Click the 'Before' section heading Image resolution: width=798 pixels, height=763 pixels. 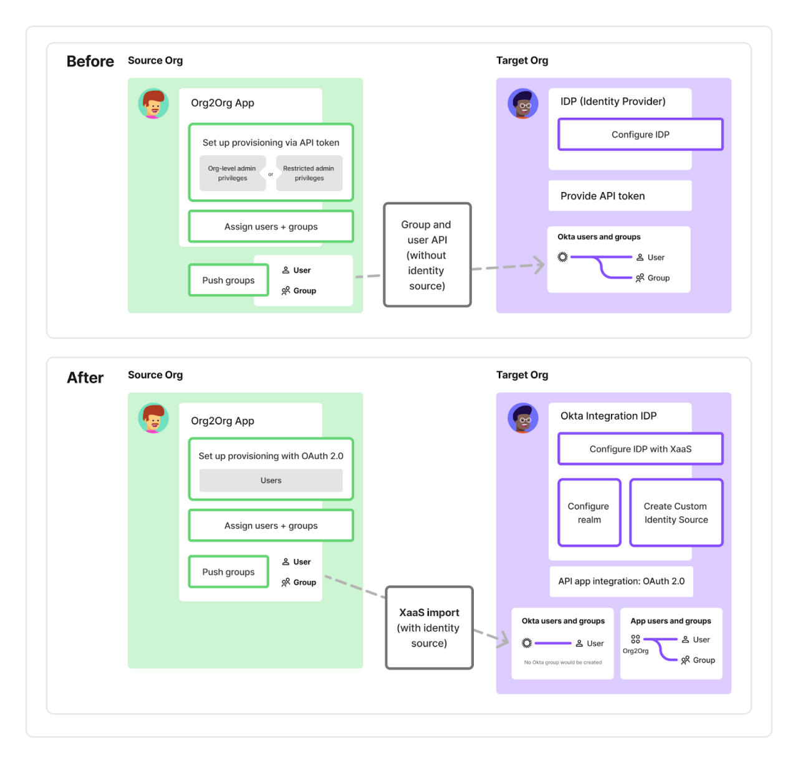(90, 61)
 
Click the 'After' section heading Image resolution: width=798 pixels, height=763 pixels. (85, 378)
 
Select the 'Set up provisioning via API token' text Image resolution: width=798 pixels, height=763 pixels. (271, 143)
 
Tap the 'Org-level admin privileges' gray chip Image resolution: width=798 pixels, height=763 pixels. (232, 173)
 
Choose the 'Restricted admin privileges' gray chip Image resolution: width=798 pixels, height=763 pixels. (309, 173)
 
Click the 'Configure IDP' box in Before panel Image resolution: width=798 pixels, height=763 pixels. (640, 135)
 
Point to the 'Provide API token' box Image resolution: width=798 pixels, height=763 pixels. (620, 196)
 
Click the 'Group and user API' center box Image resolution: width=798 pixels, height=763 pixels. (427, 255)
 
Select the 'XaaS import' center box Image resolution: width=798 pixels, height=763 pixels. (429, 628)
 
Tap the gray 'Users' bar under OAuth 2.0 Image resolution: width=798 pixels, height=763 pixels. (271, 481)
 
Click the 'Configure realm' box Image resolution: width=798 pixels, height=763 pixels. (589, 513)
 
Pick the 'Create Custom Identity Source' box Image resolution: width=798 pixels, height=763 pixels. (676, 513)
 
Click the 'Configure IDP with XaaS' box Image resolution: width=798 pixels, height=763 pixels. (640, 449)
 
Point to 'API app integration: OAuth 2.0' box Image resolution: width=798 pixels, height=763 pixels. (621, 581)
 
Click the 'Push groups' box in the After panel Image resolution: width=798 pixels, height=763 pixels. (228, 572)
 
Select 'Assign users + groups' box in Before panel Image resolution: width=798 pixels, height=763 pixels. (271, 227)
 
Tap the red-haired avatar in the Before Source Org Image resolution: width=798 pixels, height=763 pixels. (153, 103)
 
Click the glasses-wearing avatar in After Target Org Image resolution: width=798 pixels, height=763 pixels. (523, 418)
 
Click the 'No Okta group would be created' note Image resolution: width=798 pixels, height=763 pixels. (563, 663)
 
